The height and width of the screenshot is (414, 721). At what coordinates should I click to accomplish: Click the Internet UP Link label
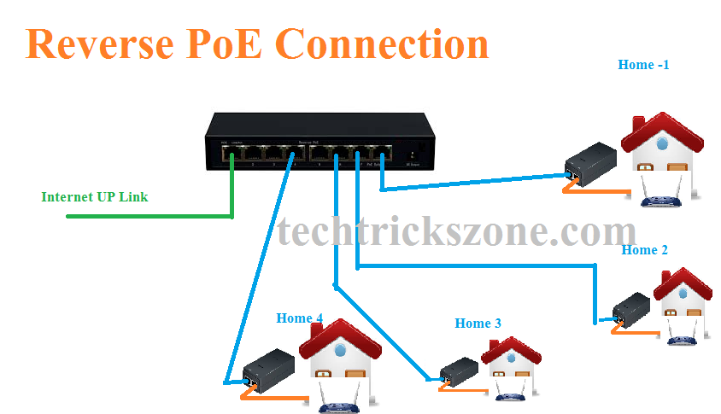94,197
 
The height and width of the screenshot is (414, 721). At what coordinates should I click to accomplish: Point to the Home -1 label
643,64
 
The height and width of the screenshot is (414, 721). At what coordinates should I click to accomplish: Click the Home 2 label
644,250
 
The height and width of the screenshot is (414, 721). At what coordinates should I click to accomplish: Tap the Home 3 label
478,323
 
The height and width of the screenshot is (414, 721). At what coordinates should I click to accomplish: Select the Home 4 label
299,318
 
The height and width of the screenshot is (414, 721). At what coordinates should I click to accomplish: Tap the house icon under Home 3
511,364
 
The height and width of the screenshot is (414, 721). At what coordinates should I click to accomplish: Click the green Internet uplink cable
149,217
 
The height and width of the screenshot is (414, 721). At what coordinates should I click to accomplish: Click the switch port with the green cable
232,155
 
